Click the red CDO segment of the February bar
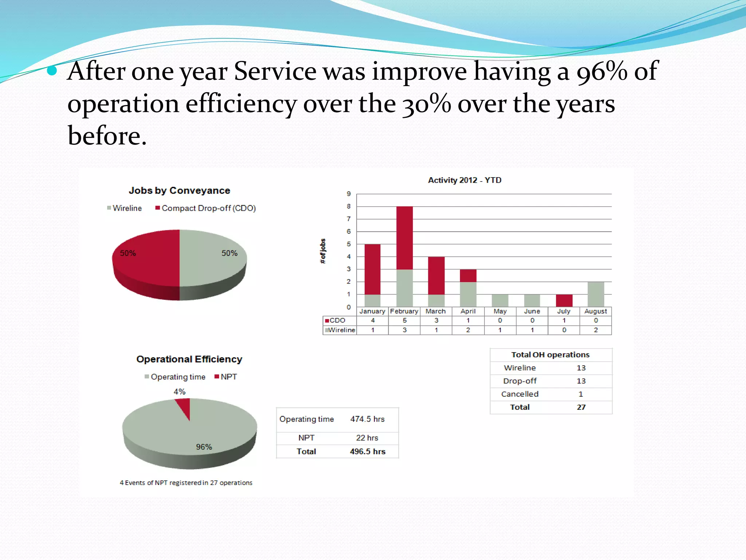click(x=404, y=238)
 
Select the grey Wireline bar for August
click(x=596, y=294)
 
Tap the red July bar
click(x=564, y=300)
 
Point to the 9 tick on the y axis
click(x=349, y=194)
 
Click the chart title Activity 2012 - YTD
click(x=464, y=180)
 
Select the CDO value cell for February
click(x=404, y=320)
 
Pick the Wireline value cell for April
click(x=468, y=330)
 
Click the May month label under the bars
click(x=500, y=311)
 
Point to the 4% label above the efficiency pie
click(x=179, y=392)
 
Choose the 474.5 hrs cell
click(x=367, y=419)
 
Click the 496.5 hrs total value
click(x=367, y=451)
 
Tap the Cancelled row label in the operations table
click(x=519, y=394)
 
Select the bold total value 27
click(x=581, y=407)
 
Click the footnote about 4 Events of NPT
click(x=186, y=483)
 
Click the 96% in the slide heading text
click(x=602, y=71)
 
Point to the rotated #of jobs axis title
click(x=323, y=251)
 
